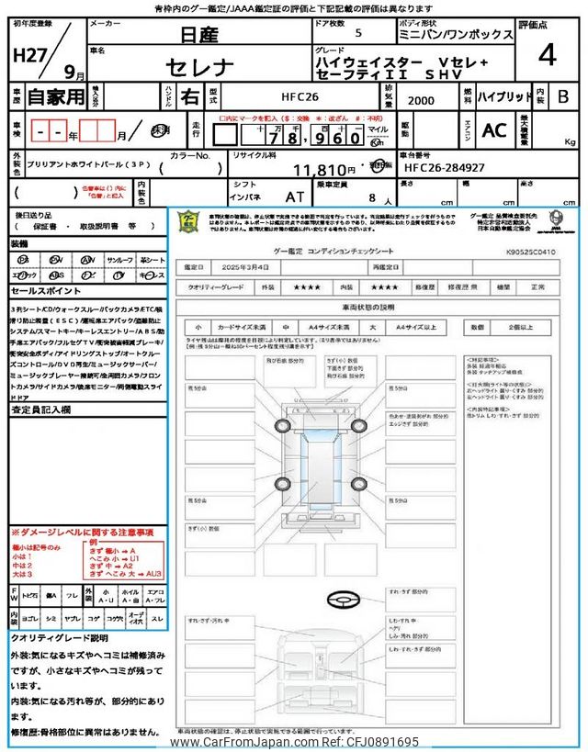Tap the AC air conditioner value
point(494,130)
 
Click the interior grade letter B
point(563,95)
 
